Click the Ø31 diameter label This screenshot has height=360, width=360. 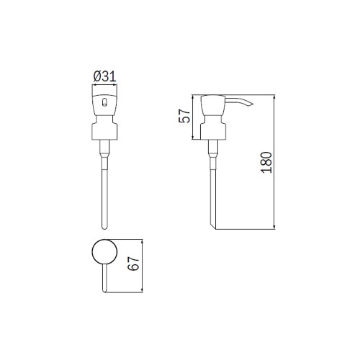(106, 74)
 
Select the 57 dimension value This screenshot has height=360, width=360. (185, 114)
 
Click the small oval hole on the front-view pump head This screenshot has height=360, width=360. (106, 103)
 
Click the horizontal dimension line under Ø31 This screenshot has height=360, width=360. (106, 84)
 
